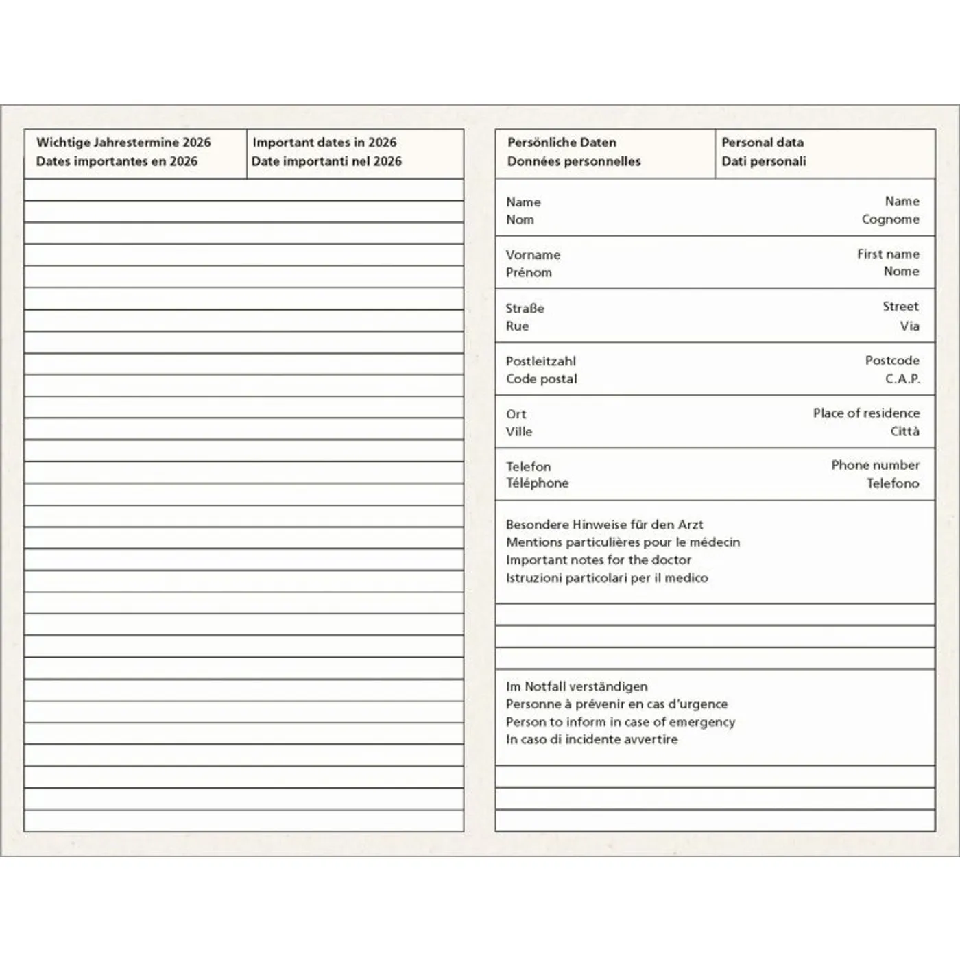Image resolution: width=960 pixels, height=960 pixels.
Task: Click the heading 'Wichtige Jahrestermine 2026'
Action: tap(123, 143)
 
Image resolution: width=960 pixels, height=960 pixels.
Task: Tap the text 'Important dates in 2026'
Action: tap(324, 143)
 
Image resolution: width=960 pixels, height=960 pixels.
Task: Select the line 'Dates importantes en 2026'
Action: tap(117, 161)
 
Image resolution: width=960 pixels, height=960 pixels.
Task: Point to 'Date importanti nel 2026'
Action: tap(326, 161)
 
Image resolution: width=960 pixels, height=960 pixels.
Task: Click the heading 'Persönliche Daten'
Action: tap(562, 143)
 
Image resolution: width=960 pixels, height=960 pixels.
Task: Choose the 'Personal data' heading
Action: tap(762, 143)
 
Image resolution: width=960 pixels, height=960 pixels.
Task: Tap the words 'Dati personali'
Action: tap(763, 161)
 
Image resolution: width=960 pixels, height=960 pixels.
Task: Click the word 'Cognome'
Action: tap(890, 219)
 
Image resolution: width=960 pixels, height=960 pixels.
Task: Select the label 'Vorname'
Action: tap(533, 255)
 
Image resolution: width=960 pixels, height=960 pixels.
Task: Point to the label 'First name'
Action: tap(888, 254)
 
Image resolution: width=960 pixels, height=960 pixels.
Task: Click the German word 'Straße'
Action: tap(525, 309)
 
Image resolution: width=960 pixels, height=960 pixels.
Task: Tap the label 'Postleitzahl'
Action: tap(540, 361)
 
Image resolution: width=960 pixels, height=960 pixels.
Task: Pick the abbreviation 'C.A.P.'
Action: tap(902, 379)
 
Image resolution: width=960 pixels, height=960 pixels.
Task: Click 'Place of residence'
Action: tap(866, 413)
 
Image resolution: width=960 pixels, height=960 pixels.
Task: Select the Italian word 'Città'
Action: tap(904, 431)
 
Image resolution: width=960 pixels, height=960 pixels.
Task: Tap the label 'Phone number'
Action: tap(875, 465)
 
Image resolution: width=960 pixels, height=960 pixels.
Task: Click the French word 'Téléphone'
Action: tap(537, 483)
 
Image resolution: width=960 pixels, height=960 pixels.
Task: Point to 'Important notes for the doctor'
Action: tap(598, 560)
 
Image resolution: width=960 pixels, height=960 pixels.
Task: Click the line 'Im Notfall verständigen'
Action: tap(576, 686)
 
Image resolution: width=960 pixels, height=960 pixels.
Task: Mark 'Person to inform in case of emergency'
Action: tap(620, 722)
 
